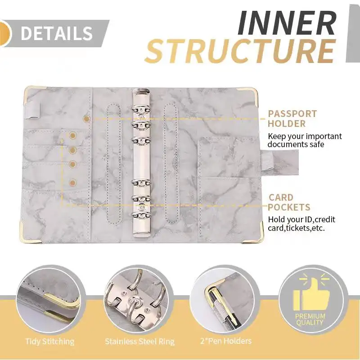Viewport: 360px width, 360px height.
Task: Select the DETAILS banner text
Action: tap(57, 33)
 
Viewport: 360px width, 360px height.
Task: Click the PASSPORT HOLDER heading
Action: tap(292, 119)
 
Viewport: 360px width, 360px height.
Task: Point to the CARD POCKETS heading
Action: tap(289, 202)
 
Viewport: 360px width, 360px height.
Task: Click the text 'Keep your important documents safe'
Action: tap(305, 140)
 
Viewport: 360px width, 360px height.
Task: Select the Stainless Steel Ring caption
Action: tap(139, 342)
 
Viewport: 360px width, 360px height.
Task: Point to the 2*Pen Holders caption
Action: tap(225, 342)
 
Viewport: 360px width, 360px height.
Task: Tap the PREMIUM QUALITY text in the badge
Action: tap(310, 319)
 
